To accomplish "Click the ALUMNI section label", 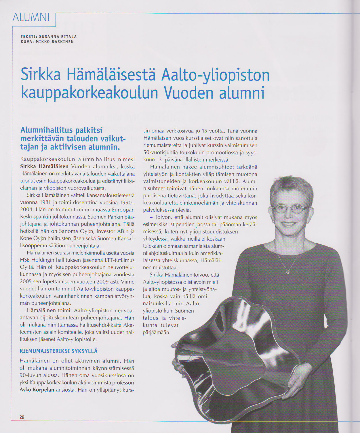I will (31, 18).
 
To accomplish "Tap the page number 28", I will (22, 417).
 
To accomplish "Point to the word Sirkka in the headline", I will (41, 75).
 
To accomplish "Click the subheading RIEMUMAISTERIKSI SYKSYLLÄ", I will (59, 351).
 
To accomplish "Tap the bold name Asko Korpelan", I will (37, 390).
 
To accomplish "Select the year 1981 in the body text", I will (46, 202).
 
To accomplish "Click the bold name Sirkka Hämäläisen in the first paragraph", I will (44, 166).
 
